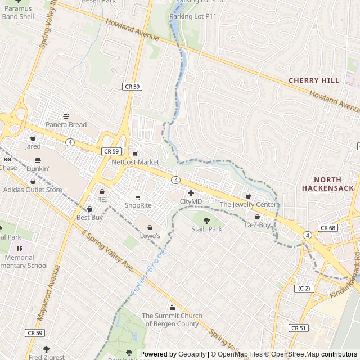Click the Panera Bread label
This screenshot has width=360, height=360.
[x=66, y=124]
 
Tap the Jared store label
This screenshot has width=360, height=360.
[x=33, y=146]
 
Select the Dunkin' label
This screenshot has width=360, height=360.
[x=38, y=168]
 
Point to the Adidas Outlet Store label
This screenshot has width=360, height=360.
[x=33, y=190]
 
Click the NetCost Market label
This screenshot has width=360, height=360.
[x=135, y=162]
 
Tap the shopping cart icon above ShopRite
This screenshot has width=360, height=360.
[x=138, y=197]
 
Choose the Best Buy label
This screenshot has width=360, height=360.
[x=89, y=217]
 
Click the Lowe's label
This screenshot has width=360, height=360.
[x=150, y=236]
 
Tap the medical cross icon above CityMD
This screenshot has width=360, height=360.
[x=191, y=193]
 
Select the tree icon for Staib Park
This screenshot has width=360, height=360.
[x=206, y=220]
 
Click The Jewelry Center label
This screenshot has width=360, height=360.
[x=248, y=205]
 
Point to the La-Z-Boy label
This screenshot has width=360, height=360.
[x=258, y=225]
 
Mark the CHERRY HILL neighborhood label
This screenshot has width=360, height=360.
[x=314, y=80]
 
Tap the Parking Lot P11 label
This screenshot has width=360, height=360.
[x=193, y=16]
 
